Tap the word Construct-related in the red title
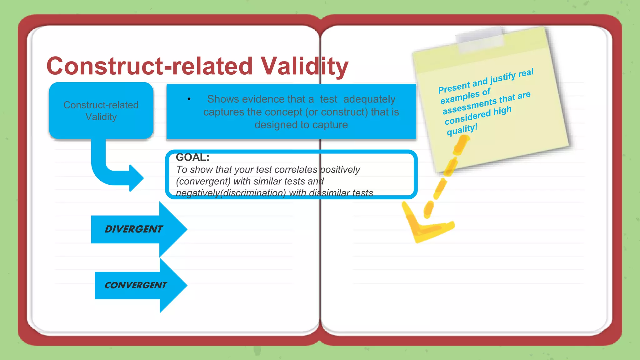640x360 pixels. click(149, 66)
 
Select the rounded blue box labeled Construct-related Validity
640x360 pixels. click(101, 111)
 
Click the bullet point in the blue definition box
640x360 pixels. click(189, 99)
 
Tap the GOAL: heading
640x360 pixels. click(192, 157)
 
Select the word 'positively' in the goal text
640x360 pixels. click(340, 170)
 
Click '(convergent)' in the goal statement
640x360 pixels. click(203, 181)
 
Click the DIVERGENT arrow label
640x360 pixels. click(134, 229)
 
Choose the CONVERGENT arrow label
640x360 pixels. click(136, 285)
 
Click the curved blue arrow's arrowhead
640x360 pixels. click(137, 178)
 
